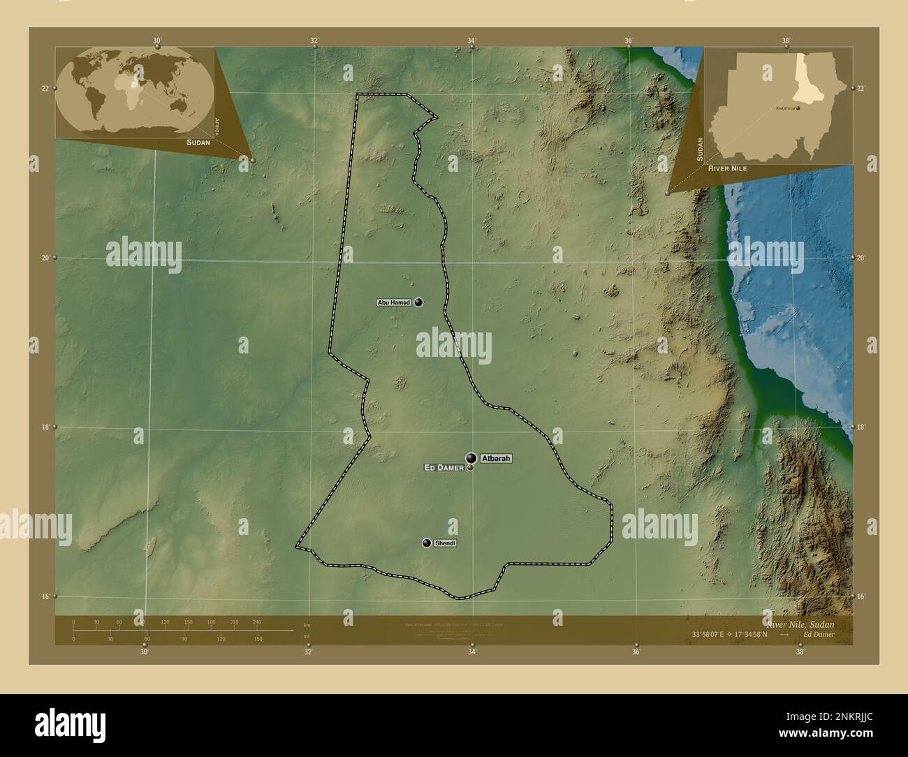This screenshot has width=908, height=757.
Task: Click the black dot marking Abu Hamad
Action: (418, 302)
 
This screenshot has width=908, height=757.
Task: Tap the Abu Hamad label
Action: (393, 302)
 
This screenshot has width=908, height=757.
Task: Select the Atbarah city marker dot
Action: (471, 458)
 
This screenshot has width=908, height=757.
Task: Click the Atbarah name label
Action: (496, 459)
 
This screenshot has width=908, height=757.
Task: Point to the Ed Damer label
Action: (444, 468)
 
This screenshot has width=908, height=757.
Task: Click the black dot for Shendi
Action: (427, 543)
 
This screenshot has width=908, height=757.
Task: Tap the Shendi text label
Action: (445, 543)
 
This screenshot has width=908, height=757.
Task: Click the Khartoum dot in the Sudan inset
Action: (797, 108)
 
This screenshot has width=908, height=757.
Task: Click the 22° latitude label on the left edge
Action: (45, 88)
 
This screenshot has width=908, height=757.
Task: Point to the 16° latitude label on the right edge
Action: (861, 596)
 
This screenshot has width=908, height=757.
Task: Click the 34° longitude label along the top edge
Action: (471, 41)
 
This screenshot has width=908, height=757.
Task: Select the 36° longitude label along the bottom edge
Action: (636, 652)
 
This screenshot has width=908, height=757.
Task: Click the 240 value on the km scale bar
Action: (256, 622)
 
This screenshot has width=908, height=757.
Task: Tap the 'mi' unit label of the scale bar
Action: (306, 636)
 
